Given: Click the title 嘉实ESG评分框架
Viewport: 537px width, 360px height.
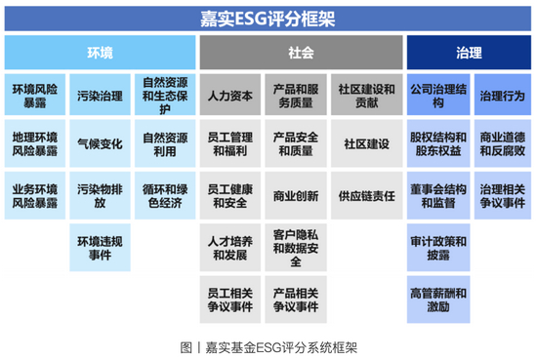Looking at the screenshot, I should pos(268,18).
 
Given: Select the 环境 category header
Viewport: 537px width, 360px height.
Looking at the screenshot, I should pos(100,53).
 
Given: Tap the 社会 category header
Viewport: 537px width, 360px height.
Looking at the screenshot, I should pos(301,53).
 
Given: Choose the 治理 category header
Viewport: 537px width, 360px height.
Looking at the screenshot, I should pos(469,53).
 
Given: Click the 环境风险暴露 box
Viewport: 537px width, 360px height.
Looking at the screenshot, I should pos(34,95).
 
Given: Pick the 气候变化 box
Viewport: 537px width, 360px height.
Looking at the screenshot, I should pos(100,144).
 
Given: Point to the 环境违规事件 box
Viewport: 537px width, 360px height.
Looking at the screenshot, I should pos(100,247).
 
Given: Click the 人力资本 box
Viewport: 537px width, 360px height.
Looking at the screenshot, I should pos(230,96).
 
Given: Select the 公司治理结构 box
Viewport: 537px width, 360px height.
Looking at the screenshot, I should pos(436,95).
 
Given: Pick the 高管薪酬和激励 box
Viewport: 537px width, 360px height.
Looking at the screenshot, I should pos(436,299).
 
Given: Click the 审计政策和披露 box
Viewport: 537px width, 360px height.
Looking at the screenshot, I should pos(436,247).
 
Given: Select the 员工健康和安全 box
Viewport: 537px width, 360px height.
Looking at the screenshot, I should pos(230,195).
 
